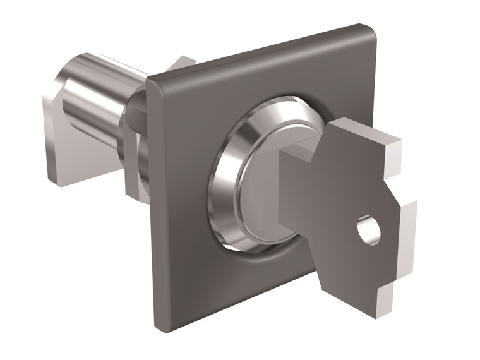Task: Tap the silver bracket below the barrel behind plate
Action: (133, 177)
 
